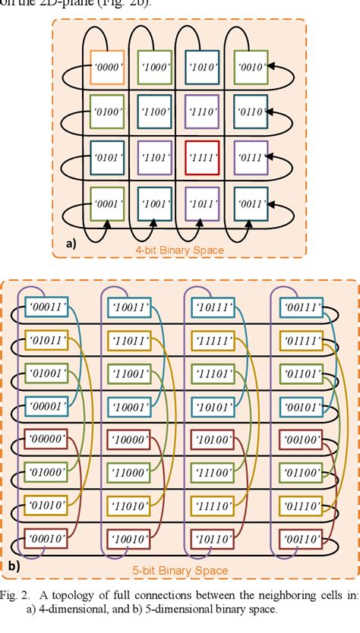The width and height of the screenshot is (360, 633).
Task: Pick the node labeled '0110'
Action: (251, 112)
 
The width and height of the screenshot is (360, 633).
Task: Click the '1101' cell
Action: (155, 158)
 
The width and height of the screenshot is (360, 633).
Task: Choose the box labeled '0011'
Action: (251, 203)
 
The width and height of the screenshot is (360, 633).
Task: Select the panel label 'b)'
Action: (14, 565)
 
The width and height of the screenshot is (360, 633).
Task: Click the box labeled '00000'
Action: (47, 438)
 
